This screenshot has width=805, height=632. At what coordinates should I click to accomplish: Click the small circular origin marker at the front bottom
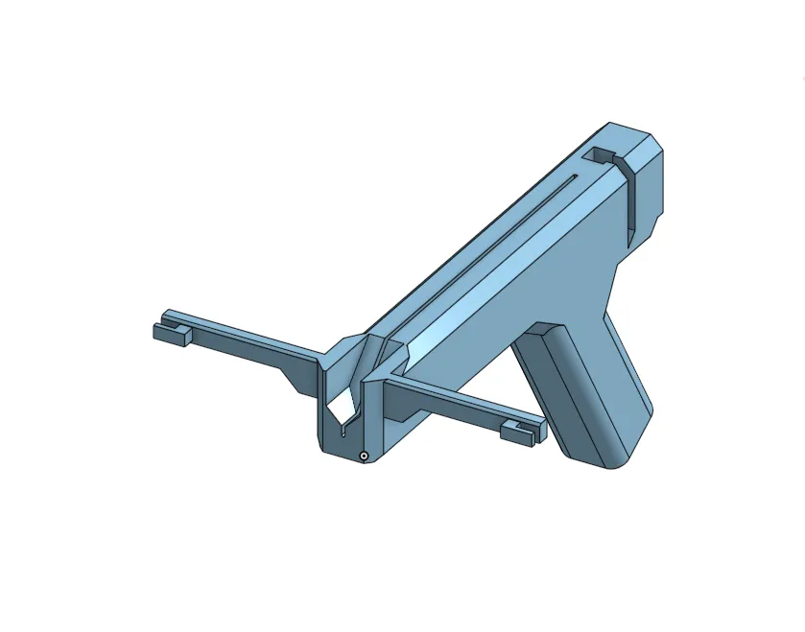(364, 455)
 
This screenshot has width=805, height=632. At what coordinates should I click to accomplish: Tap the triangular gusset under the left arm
(297, 378)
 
